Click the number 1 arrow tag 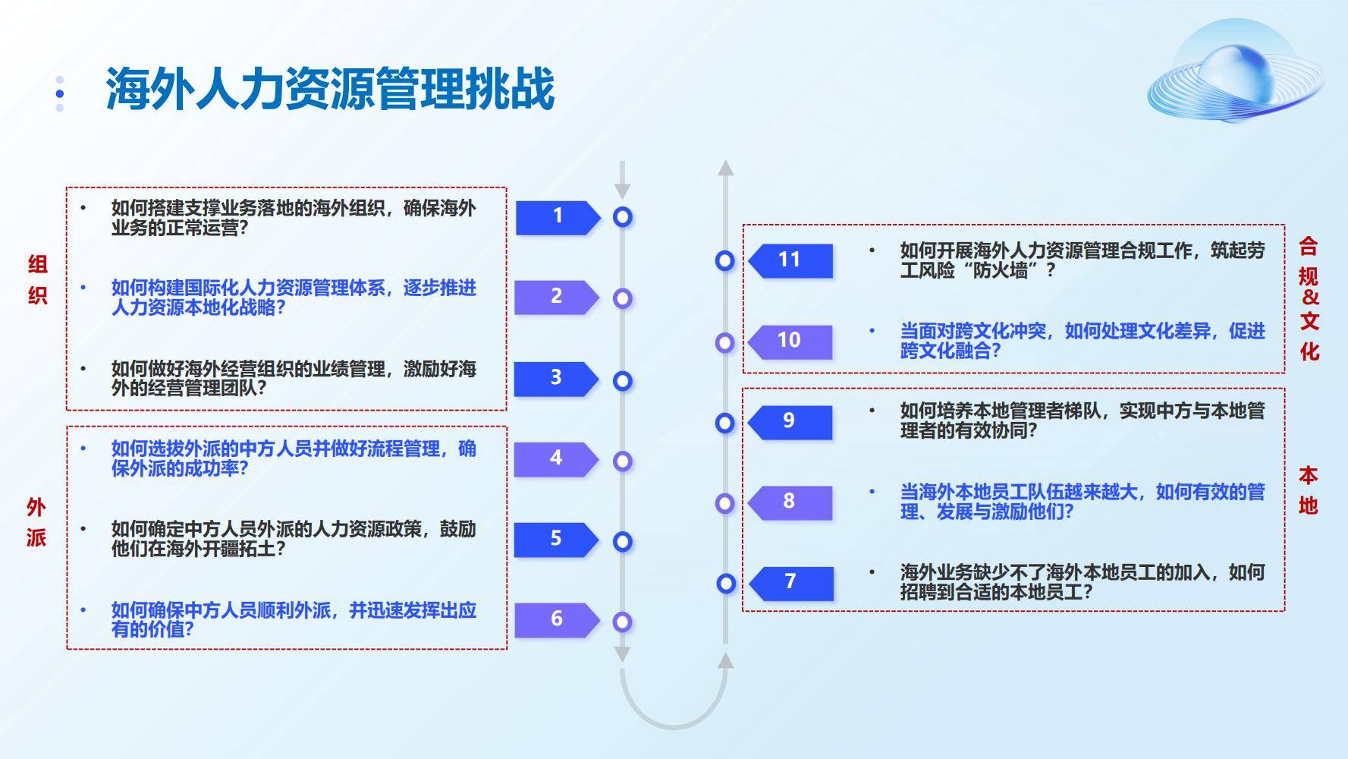(x=558, y=217)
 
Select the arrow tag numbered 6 (x=557, y=620)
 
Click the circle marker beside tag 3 (x=623, y=380)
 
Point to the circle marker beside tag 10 (x=724, y=342)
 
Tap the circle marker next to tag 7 (x=726, y=583)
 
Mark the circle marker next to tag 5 (x=623, y=541)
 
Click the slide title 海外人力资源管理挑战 (x=330, y=89)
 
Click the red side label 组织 (x=37, y=279)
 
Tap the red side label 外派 (x=36, y=522)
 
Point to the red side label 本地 (x=1308, y=490)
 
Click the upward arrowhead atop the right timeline (x=726, y=168)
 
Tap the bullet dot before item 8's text (x=872, y=491)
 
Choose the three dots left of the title (x=60, y=93)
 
